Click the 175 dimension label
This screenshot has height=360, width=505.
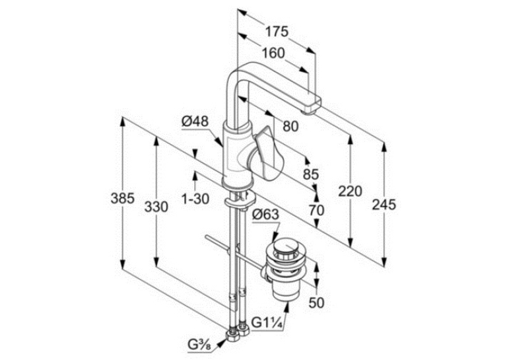(x=277, y=32)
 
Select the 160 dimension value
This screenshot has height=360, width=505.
(x=273, y=54)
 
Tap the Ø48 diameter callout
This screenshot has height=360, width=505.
(x=195, y=122)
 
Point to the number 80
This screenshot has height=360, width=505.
(x=290, y=126)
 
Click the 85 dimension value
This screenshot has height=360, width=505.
(x=311, y=174)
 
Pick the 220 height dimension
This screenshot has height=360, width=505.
(x=350, y=192)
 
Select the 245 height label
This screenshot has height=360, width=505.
(x=384, y=205)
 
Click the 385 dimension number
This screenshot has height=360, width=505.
(x=122, y=198)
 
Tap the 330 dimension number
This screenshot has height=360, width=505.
(x=156, y=207)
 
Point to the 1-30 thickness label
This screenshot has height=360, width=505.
(x=195, y=199)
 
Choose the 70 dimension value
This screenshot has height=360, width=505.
(x=317, y=211)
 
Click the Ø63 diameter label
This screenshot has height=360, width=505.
(x=266, y=214)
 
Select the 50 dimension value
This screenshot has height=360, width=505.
(x=317, y=303)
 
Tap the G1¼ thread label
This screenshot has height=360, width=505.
(x=267, y=322)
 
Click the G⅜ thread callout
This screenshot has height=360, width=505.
(x=199, y=345)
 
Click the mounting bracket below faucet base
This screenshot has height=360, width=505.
(x=240, y=201)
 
